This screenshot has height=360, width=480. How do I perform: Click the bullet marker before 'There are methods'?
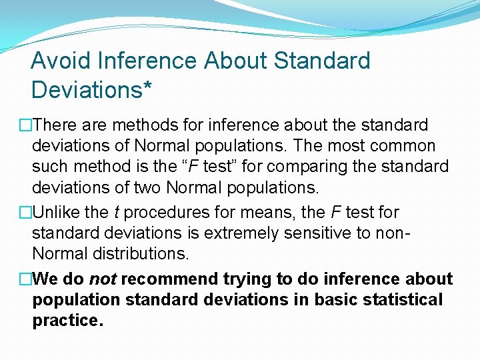[25, 125]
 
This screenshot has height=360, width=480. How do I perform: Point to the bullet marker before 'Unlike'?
[25, 213]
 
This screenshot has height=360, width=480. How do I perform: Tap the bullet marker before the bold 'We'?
[25, 279]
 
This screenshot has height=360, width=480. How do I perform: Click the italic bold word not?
[103, 279]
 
